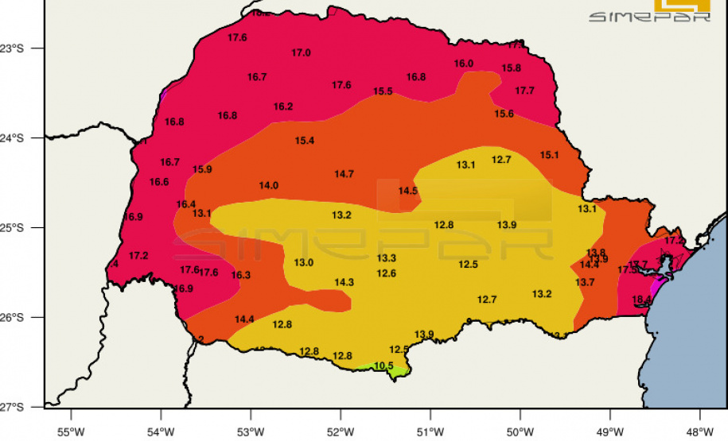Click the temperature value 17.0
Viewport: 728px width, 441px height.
(301, 53)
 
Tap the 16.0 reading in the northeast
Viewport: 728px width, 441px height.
(464, 64)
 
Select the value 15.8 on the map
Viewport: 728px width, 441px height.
(512, 68)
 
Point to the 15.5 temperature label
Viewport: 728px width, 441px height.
(383, 91)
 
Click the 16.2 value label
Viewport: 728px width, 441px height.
(283, 106)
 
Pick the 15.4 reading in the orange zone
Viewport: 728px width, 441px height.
(305, 141)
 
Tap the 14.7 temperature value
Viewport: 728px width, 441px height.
(344, 174)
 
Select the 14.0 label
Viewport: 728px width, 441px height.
(269, 186)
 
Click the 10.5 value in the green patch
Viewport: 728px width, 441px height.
(383, 366)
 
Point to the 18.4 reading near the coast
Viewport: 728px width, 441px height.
(641, 300)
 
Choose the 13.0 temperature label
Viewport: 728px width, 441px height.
(304, 263)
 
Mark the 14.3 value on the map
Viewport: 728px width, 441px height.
(344, 282)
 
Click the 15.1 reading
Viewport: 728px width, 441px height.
(549, 155)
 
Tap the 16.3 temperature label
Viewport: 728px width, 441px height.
(241, 275)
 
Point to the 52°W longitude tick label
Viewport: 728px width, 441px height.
(341, 431)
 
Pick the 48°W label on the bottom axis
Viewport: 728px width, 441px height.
(700, 431)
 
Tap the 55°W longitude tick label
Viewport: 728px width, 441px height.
(71, 431)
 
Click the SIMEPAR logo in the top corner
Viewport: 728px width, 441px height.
(649, 11)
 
